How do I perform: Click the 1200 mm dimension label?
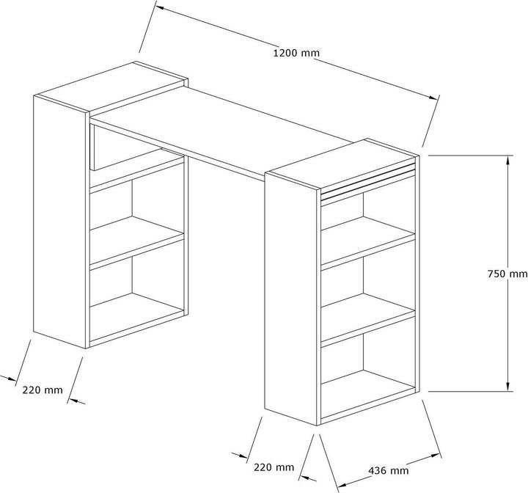click(296, 53)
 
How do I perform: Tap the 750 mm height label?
click(507, 274)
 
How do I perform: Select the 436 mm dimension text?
click(388, 470)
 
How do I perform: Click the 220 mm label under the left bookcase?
click(43, 390)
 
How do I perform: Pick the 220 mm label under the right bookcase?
click(274, 467)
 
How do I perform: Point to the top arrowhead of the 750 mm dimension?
click(507, 161)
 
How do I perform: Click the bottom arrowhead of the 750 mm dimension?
click(507, 387)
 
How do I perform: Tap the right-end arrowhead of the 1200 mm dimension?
click(433, 97)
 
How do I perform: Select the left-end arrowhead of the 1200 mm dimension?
click(161, 7)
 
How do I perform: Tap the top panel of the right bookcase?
click(342, 164)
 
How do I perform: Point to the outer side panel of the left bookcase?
click(59, 222)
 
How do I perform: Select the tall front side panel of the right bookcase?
click(291, 299)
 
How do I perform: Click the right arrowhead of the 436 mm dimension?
click(436, 456)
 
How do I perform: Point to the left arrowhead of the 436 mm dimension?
click(342, 485)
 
